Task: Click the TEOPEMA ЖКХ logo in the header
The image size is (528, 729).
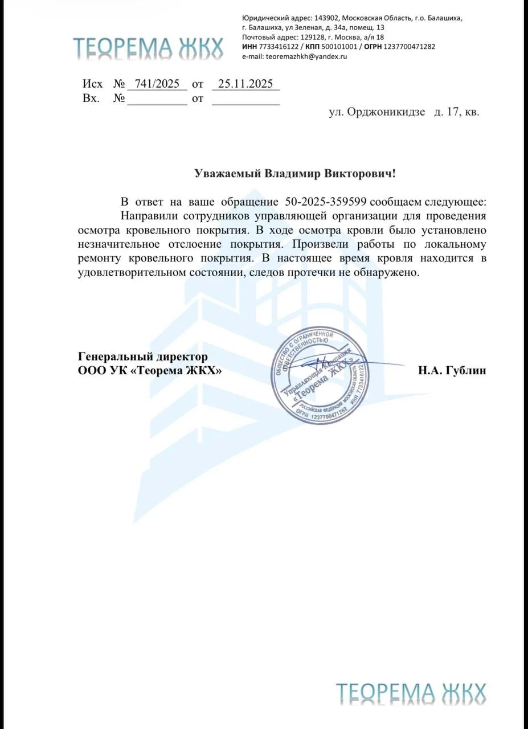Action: pyautogui.click(x=148, y=49)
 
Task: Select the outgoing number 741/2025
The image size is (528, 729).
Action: pyautogui.click(x=157, y=84)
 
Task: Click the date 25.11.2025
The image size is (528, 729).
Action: pyautogui.click(x=245, y=84)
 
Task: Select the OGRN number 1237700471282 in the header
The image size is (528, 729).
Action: pyautogui.click(x=411, y=47)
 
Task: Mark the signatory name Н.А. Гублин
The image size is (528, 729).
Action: pyautogui.click(x=452, y=371)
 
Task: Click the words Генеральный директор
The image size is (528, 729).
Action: pyautogui.click(x=142, y=357)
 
